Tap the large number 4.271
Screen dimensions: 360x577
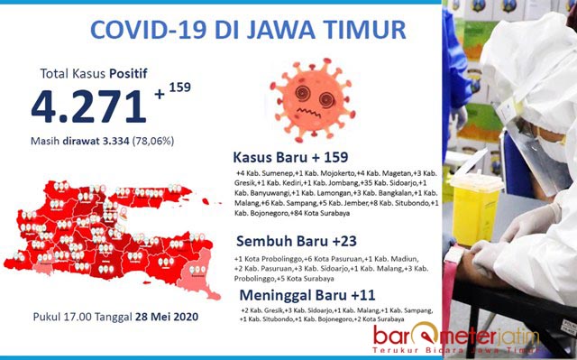pos(88,106)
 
